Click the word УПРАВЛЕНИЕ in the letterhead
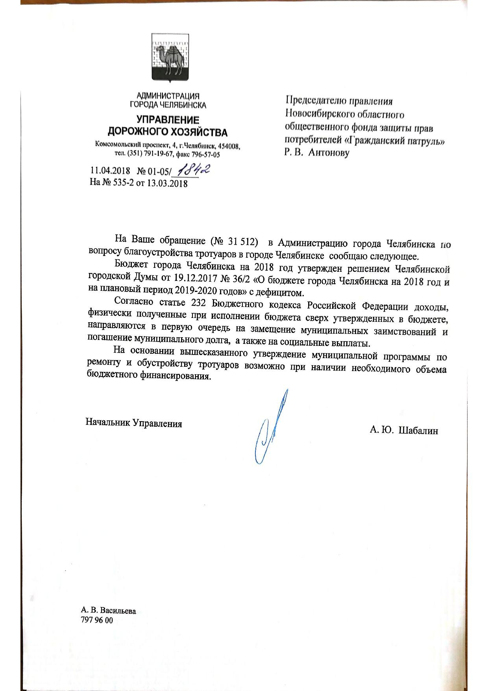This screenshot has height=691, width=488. [x=168, y=120]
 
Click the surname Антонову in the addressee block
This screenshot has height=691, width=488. [x=329, y=152]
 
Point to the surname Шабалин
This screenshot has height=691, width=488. [x=418, y=430]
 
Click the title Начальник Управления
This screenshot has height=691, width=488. [x=134, y=424]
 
